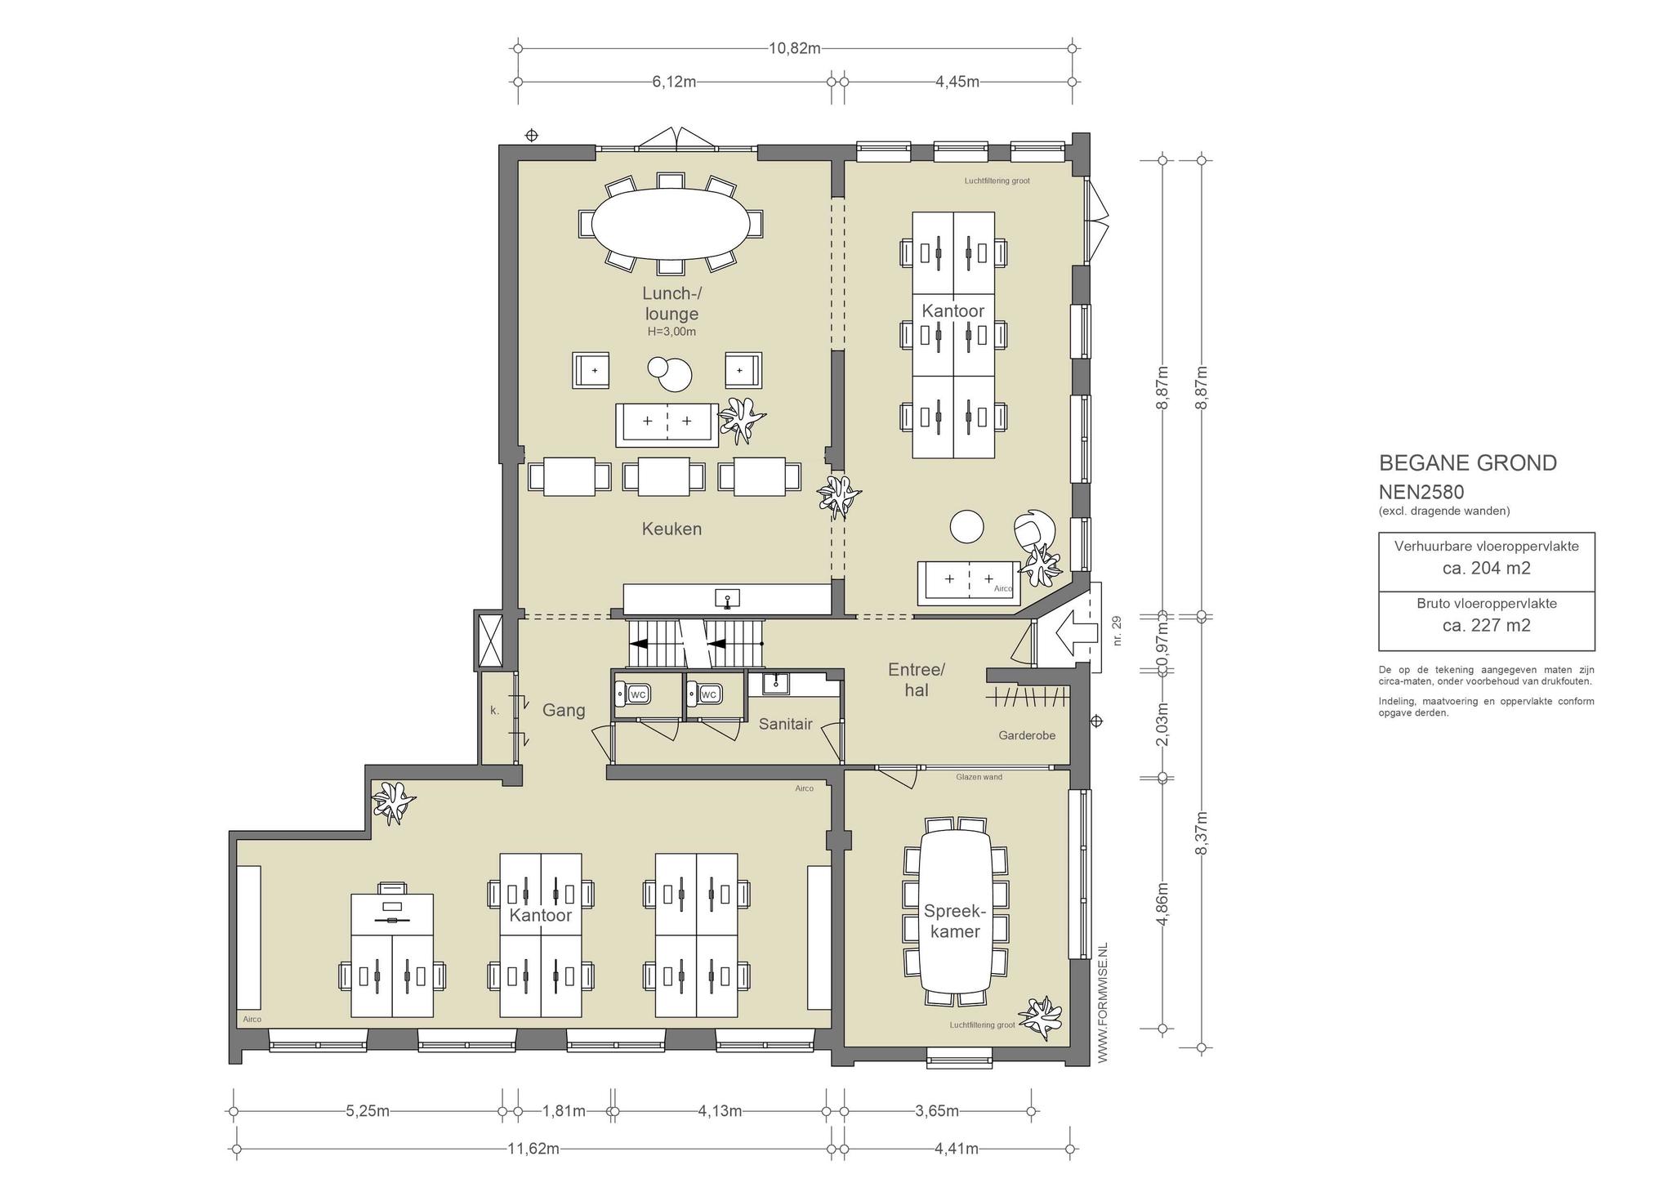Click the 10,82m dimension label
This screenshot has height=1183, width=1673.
(794, 48)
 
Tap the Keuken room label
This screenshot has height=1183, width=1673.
(671, 529)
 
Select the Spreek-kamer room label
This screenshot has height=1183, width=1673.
(954, 921)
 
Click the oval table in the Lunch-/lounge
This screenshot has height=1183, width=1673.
(671, 223)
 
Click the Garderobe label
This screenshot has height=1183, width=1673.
(1027, 735)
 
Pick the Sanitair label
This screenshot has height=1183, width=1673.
(785, 723)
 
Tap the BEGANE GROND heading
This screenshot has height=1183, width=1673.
(1468, 463)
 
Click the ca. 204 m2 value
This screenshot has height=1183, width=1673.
(1487, 568)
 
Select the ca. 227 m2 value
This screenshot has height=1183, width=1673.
(1487, 625)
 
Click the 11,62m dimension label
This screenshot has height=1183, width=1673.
(533, 1149)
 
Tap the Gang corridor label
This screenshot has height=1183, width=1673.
(564, 710)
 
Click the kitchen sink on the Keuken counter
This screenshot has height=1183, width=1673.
(727, 599)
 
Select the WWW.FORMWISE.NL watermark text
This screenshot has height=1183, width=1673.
(1102, 1002)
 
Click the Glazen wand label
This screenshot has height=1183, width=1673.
(979, 777)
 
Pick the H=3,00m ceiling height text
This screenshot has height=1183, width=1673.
(671, 332)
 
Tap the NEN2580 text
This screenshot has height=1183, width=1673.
(1421, 493)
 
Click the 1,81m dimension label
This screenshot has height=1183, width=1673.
(564, 1111)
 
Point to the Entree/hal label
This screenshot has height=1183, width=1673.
(917, 680)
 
